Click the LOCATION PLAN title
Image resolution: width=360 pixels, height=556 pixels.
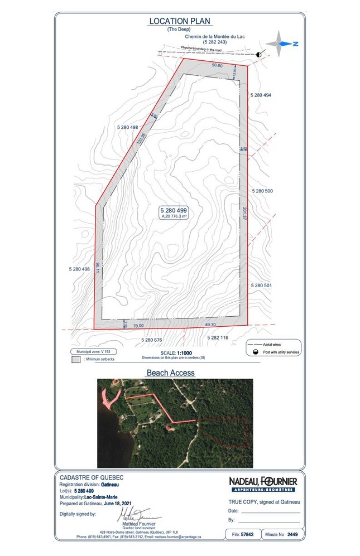[x=179, y=21]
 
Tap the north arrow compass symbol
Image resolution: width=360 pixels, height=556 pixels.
[x=282, y=43]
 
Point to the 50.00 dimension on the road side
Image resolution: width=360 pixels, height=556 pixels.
[x=217, y=66]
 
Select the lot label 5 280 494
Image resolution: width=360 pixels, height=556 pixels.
[x=260, y=95]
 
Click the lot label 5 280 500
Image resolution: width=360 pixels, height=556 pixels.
[x=262, y=191]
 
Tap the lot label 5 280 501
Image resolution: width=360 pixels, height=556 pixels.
[x=261, y=285]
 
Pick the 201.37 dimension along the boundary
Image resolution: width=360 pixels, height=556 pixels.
[x=244, y=215]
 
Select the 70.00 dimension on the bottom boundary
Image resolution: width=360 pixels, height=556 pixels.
[x=138, y=326]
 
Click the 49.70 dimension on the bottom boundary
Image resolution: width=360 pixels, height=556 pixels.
[x=210, y=324]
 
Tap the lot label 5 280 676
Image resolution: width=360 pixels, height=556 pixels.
[x=151, y=339]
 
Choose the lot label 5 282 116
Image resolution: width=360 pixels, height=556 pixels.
[x=218, y=338]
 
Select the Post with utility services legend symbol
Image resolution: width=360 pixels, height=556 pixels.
[x=255, y=352]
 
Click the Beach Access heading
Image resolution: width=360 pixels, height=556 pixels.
[x=170, y=373]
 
